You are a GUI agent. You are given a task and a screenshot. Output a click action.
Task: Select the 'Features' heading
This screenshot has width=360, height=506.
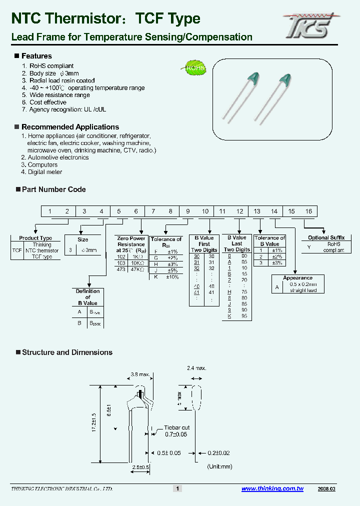pyautogui.click(x=36, y=56)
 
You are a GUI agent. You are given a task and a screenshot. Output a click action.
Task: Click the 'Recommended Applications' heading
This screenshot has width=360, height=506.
pyautogui.click(x=70, y=127)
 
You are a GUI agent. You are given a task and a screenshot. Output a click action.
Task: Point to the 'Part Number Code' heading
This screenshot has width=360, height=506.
pyautogui.click(x=53, y=189)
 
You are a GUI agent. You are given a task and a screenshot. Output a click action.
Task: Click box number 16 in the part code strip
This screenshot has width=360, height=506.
pyautogui.click(x=308, y=211)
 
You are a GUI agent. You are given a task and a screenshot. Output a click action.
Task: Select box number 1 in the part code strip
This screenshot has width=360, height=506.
pyautogui.click(x=50, y=211)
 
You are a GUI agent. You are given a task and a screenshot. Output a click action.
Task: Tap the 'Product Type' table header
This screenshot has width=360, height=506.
pyautogui.click(x=35, y=238)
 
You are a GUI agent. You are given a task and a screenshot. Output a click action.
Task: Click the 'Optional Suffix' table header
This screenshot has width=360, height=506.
pyautogui.click(x=326, y=238)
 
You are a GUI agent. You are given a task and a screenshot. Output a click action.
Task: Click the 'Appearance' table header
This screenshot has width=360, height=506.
pyautogui.click(x=297, y=278)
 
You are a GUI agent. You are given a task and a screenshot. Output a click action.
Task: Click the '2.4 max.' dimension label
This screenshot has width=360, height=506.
pyautogui.click(x=197, y=368)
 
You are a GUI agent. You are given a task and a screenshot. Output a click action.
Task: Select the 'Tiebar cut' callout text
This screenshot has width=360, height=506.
pyautogui.click(x=177, y=428)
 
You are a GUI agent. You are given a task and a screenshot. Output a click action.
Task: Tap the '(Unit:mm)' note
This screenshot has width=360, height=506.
pyautogui.click(x=220, y=466)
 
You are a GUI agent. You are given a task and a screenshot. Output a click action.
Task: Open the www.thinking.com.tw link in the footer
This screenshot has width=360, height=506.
pyautogui.click(x=272, y=488)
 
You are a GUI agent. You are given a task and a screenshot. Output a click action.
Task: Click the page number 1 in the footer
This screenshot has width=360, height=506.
pyautogui.click(x=177, y=488)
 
